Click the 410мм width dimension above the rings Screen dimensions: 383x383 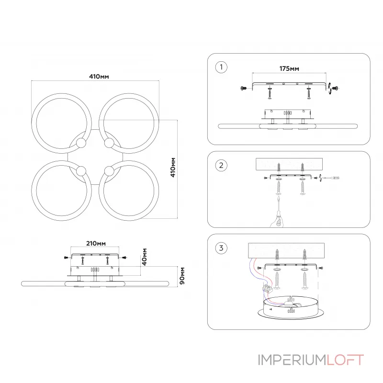click(98, 76)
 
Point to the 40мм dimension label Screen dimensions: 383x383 click(144, 257)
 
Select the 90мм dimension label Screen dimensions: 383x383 click(181, 276)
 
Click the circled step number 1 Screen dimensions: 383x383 click(220, 67)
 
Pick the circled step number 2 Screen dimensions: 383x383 click(220, 166)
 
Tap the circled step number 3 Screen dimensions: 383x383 click(220, 248)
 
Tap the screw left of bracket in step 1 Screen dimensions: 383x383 click(244, 88)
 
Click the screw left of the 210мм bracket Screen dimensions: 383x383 click(65, 258)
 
